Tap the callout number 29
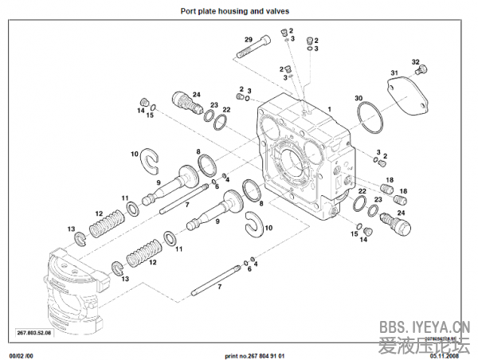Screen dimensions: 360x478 pyautogui.click(x=248, y=40)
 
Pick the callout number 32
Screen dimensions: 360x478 pyautogui.click(x=415, y=61)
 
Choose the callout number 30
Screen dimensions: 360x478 pyautogui.click(x=358, y=98)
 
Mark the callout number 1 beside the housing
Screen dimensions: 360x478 pyautogui.click(x=329, y=107)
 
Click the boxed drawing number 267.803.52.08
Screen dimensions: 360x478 pyautogui.click(x=33, y=332)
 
